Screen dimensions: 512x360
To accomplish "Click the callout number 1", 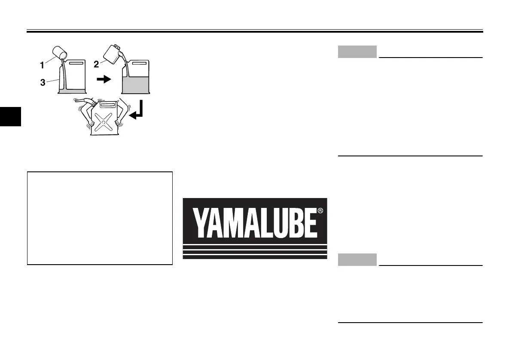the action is tap(42, 66).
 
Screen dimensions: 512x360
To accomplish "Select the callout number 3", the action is tap(43, 83).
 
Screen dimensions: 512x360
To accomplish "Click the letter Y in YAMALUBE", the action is tap(201, 223).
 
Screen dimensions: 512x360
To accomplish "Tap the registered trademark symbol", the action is tap(320, 211).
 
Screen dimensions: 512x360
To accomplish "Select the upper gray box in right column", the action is tap(357, 52).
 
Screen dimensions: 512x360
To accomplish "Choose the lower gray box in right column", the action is tap(357, 259).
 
